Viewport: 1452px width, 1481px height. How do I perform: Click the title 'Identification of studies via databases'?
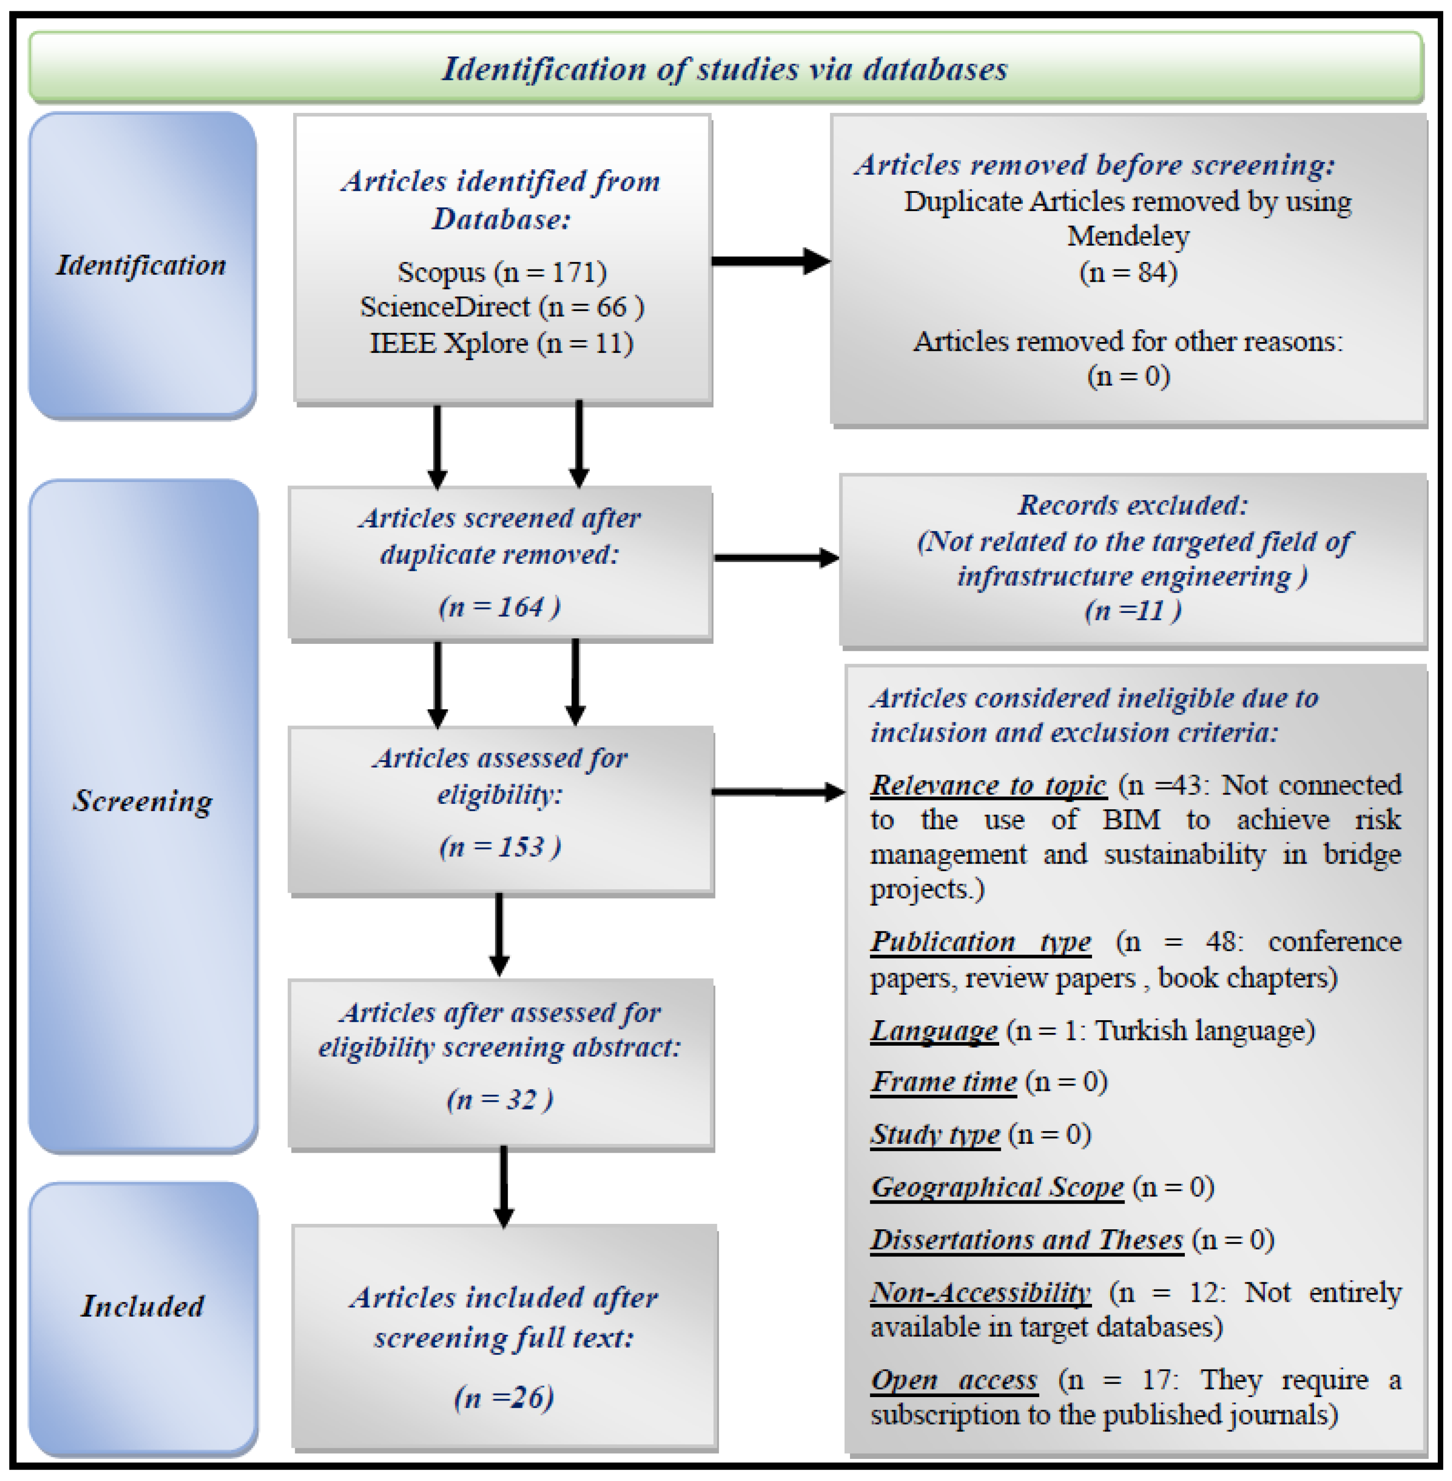click(x=724, y=69)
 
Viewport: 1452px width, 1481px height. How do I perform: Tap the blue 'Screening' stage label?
click(x=142, y=801)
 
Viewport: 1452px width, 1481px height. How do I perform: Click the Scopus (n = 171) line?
click(x=502, y=272)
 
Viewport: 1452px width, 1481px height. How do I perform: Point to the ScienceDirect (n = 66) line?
click(x=502, y=307)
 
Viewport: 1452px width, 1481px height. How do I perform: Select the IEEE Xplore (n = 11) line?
click(x=502, y=343)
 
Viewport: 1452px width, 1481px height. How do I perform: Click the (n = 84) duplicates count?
click(x=1128, y=272)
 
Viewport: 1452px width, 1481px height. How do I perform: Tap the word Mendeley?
click(x=1128, y=237)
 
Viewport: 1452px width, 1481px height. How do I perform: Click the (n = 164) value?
click(x=499, y=607)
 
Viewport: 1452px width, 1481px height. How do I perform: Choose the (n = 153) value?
click(x=499, y=847)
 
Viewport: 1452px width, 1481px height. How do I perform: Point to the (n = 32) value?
click(x=499, y=1099)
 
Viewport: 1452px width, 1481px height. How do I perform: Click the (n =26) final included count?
click(x=503, y=1397)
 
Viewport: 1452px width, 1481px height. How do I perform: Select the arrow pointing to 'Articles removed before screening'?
click(x=770, y=261)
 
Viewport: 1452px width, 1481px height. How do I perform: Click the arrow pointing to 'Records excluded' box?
click(x=776, y=558)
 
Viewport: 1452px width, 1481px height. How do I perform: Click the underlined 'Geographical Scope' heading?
click(x=997, y=1187)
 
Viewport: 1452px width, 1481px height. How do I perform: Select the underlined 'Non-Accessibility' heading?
click(x=981, y=1293)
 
